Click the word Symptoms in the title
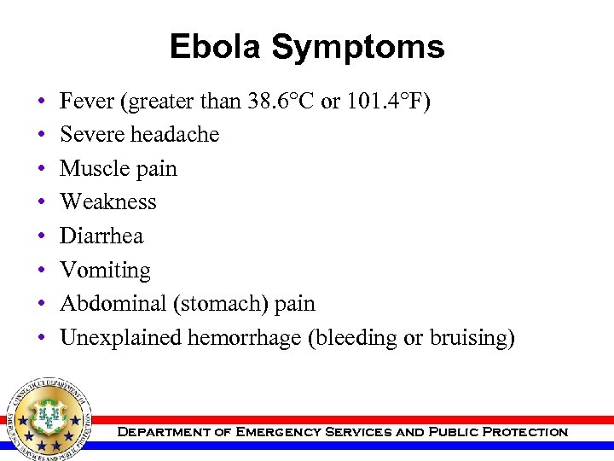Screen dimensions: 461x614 pos(358,48)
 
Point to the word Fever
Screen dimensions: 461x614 pos(87,102)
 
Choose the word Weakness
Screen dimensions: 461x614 pos(108,202)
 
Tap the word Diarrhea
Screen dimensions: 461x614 pos(101,236)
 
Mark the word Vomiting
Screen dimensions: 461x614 pos(105,271)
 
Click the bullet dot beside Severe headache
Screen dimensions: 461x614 pos(42,136)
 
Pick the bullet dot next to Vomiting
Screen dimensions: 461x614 pos(42,271)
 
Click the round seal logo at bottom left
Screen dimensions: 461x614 pos(49,419)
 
